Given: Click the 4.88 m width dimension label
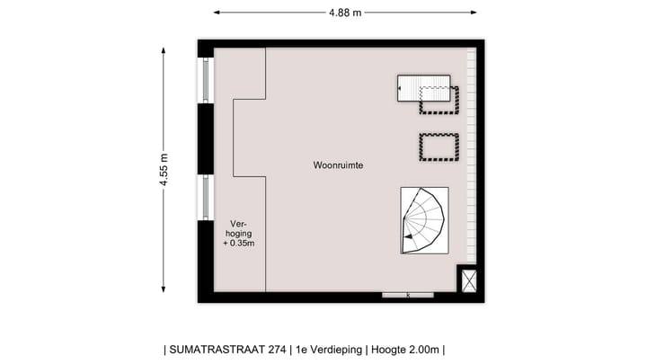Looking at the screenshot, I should point(345,13).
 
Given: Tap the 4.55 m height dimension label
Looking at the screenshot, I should point(164,169).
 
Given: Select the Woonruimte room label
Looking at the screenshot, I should point(338,166).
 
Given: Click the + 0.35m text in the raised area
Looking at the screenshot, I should point(237,244).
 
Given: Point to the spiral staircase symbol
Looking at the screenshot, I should point(424,219).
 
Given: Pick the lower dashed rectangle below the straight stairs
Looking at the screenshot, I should point(439,146).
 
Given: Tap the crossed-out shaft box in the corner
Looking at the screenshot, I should point(469,280).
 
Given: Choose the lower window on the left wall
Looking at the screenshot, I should point(206,198).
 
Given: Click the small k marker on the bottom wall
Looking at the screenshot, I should point(408,295).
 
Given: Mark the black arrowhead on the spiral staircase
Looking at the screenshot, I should point(409,236).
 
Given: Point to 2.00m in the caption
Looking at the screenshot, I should point(421,350).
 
